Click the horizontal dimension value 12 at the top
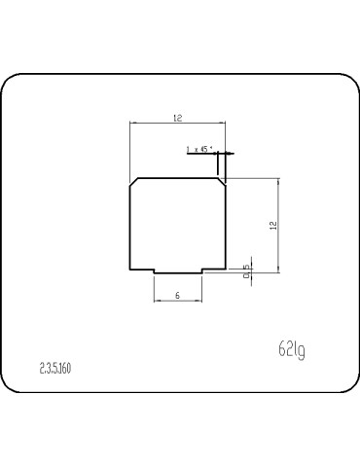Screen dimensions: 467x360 [177, 118]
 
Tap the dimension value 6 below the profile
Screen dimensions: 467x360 [177, 294]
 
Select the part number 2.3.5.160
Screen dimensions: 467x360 [55, 368]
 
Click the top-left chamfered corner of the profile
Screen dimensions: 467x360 [134, 182]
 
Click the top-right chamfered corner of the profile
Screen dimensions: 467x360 [223, 182]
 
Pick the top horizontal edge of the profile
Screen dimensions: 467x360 [178, 178]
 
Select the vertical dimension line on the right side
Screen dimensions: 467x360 [280, 224]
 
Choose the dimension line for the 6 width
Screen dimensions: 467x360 [178, 301]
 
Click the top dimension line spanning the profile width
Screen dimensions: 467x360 [178, 124]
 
